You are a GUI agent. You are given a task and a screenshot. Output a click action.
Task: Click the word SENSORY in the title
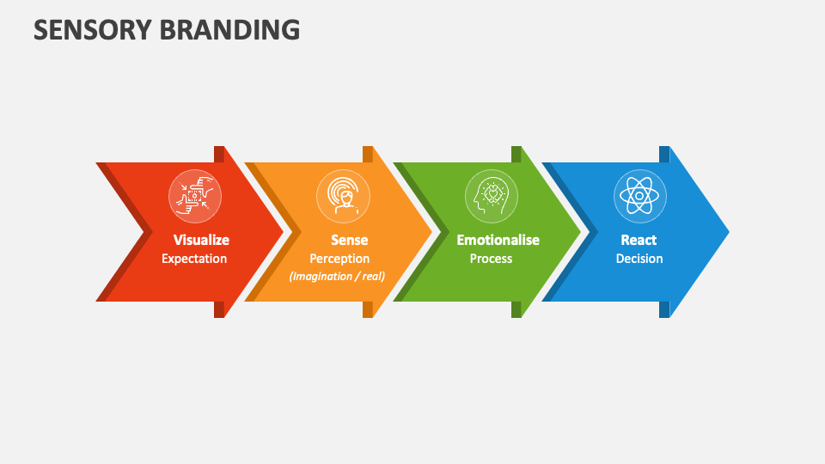(93, 29)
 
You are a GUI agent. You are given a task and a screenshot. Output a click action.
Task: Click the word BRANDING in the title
(230, 29)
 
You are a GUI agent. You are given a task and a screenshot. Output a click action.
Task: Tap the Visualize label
(201, 240)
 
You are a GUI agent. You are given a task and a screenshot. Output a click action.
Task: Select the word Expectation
(194, 259)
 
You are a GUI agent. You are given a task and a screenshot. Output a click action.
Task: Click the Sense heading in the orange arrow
(350, 240)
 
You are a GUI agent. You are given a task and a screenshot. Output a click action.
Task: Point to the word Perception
(339, 259)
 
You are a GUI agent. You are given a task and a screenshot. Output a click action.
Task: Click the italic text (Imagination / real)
(337, 276)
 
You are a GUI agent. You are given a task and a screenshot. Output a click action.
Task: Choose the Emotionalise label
(498, 240)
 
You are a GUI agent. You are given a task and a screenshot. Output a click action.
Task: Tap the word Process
(491, 259)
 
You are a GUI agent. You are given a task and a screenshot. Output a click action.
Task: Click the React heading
(639, 240)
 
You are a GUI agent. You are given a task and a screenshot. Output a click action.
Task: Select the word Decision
(639, 259)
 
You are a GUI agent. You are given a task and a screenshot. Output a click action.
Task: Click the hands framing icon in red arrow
(195, 196)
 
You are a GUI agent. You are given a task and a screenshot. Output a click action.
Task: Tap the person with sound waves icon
(343, 196)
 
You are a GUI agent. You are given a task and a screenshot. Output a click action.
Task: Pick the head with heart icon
(492, 196)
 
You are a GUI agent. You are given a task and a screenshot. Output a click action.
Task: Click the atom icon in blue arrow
(639, 196)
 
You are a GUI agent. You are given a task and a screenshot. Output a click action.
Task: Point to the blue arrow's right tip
(730, 231)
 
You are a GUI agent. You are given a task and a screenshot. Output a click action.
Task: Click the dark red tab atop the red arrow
(219, 154)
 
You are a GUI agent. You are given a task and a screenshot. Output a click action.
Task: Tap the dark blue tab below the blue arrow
(664, 309)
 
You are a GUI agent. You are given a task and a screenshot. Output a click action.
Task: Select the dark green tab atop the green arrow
(516, 154)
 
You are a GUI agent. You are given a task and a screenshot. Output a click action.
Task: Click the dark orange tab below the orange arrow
(368, 309)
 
